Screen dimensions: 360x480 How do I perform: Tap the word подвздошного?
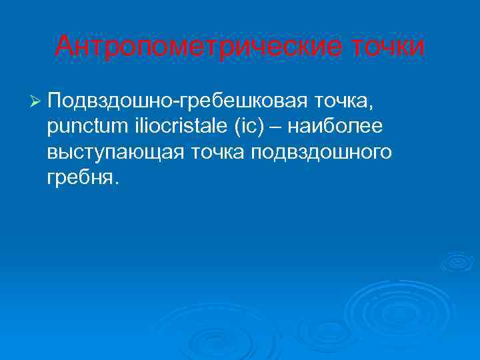point(323,153)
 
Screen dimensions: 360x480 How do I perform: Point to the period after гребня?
point(117,185)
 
